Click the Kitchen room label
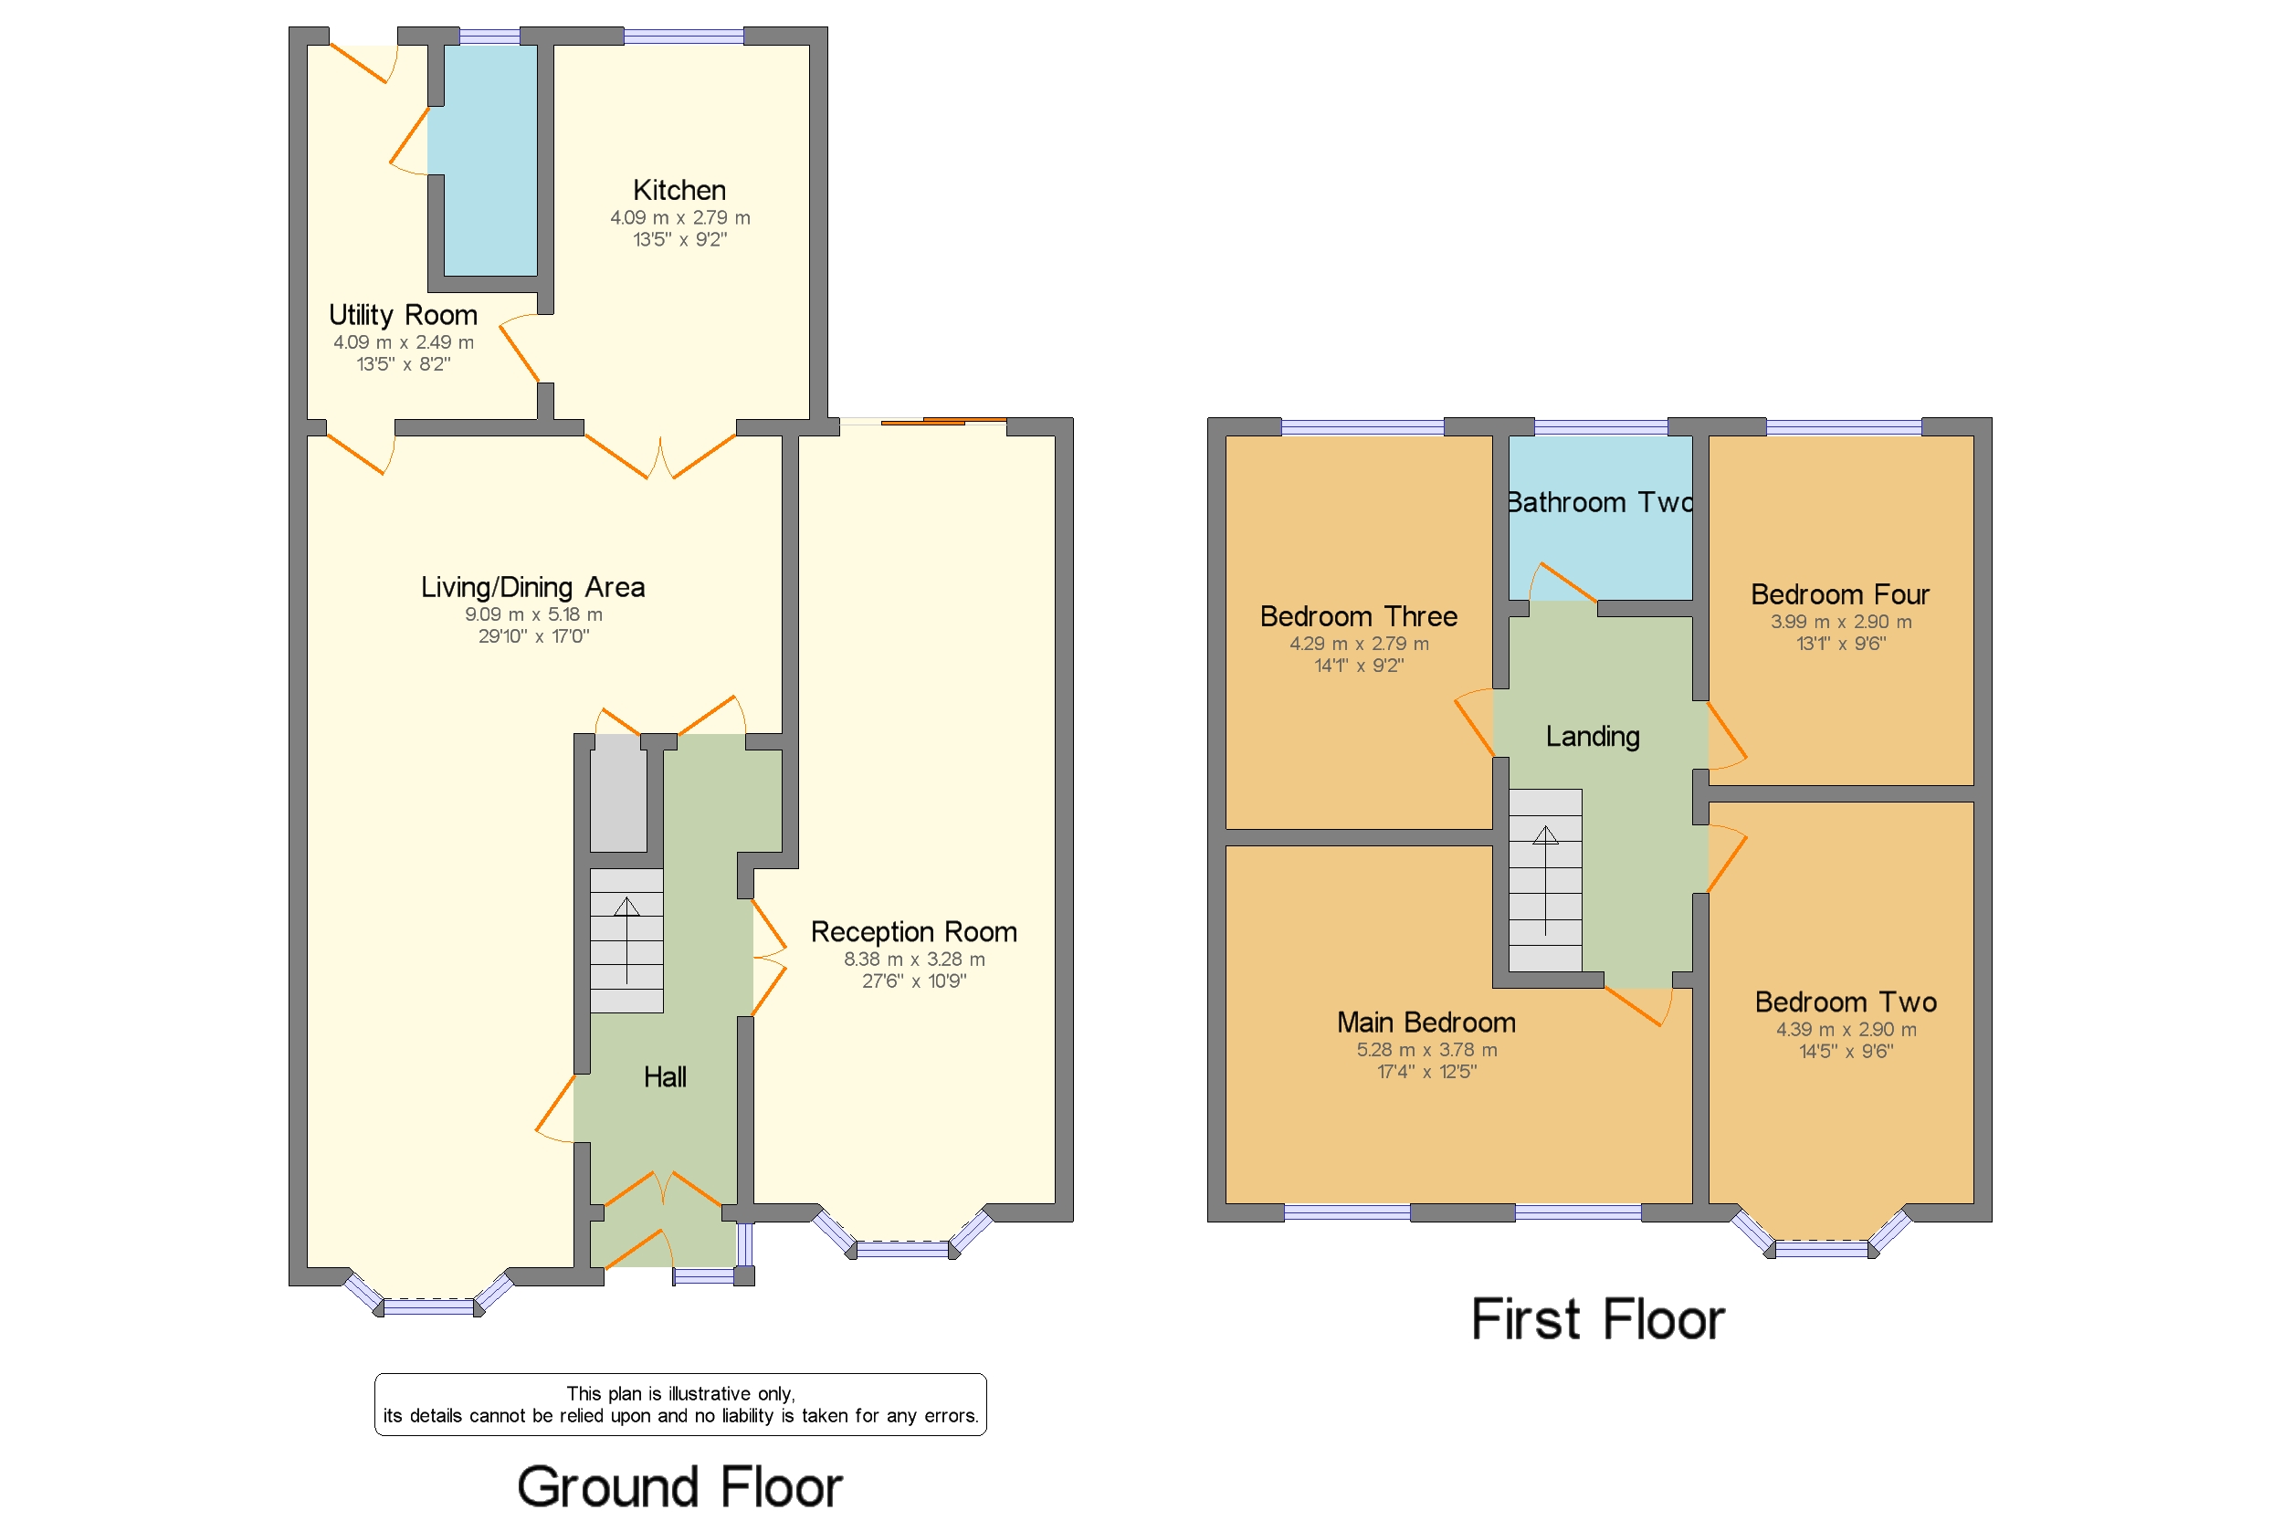679,190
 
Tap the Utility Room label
403,315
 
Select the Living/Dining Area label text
532,587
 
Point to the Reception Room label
914,932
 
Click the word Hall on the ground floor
665,1076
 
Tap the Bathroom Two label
1600,502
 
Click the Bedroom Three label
1358,617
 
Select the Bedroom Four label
1839,594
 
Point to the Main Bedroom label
1426,1023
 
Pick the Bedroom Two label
1846,1002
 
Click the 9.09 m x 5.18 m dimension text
533,614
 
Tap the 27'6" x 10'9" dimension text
914,981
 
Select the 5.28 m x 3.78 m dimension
1426,1050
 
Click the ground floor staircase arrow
626,941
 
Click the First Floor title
1598,1319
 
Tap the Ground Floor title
679,1486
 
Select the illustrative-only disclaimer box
680,1404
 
